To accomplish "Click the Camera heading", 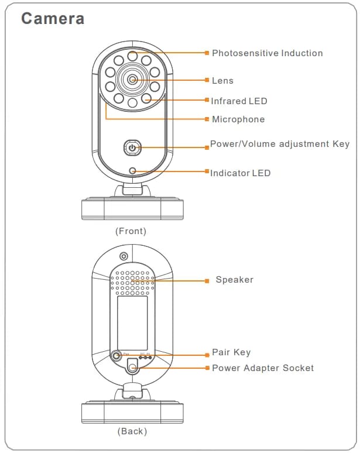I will tap(53, 19).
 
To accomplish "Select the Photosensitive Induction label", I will tap(267, 53).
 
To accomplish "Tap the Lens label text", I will tap(222, 81).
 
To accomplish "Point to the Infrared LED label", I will tap(239, 101).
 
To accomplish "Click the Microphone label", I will tap(238, 119).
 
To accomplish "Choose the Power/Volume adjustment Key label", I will tap(280, 144).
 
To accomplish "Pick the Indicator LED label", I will tap(241, 173).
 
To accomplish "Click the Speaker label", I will tap(234, 280).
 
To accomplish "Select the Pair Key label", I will tap(231, 352).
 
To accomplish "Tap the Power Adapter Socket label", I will tap(263, 368).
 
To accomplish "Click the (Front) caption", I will tap(131, 231).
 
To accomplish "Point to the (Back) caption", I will tap(132, 431).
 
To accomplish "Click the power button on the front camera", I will tap(132, 148).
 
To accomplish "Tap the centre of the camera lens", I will tap(133, 79).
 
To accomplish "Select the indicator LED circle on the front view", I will tap(133, 171).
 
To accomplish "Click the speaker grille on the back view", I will tap(133, 282).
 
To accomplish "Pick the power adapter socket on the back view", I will tap(133, 368).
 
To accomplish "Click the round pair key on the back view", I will tap(117, 355).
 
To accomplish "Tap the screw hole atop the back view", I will tap(124, 256).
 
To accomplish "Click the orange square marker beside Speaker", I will tap(207, 281).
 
